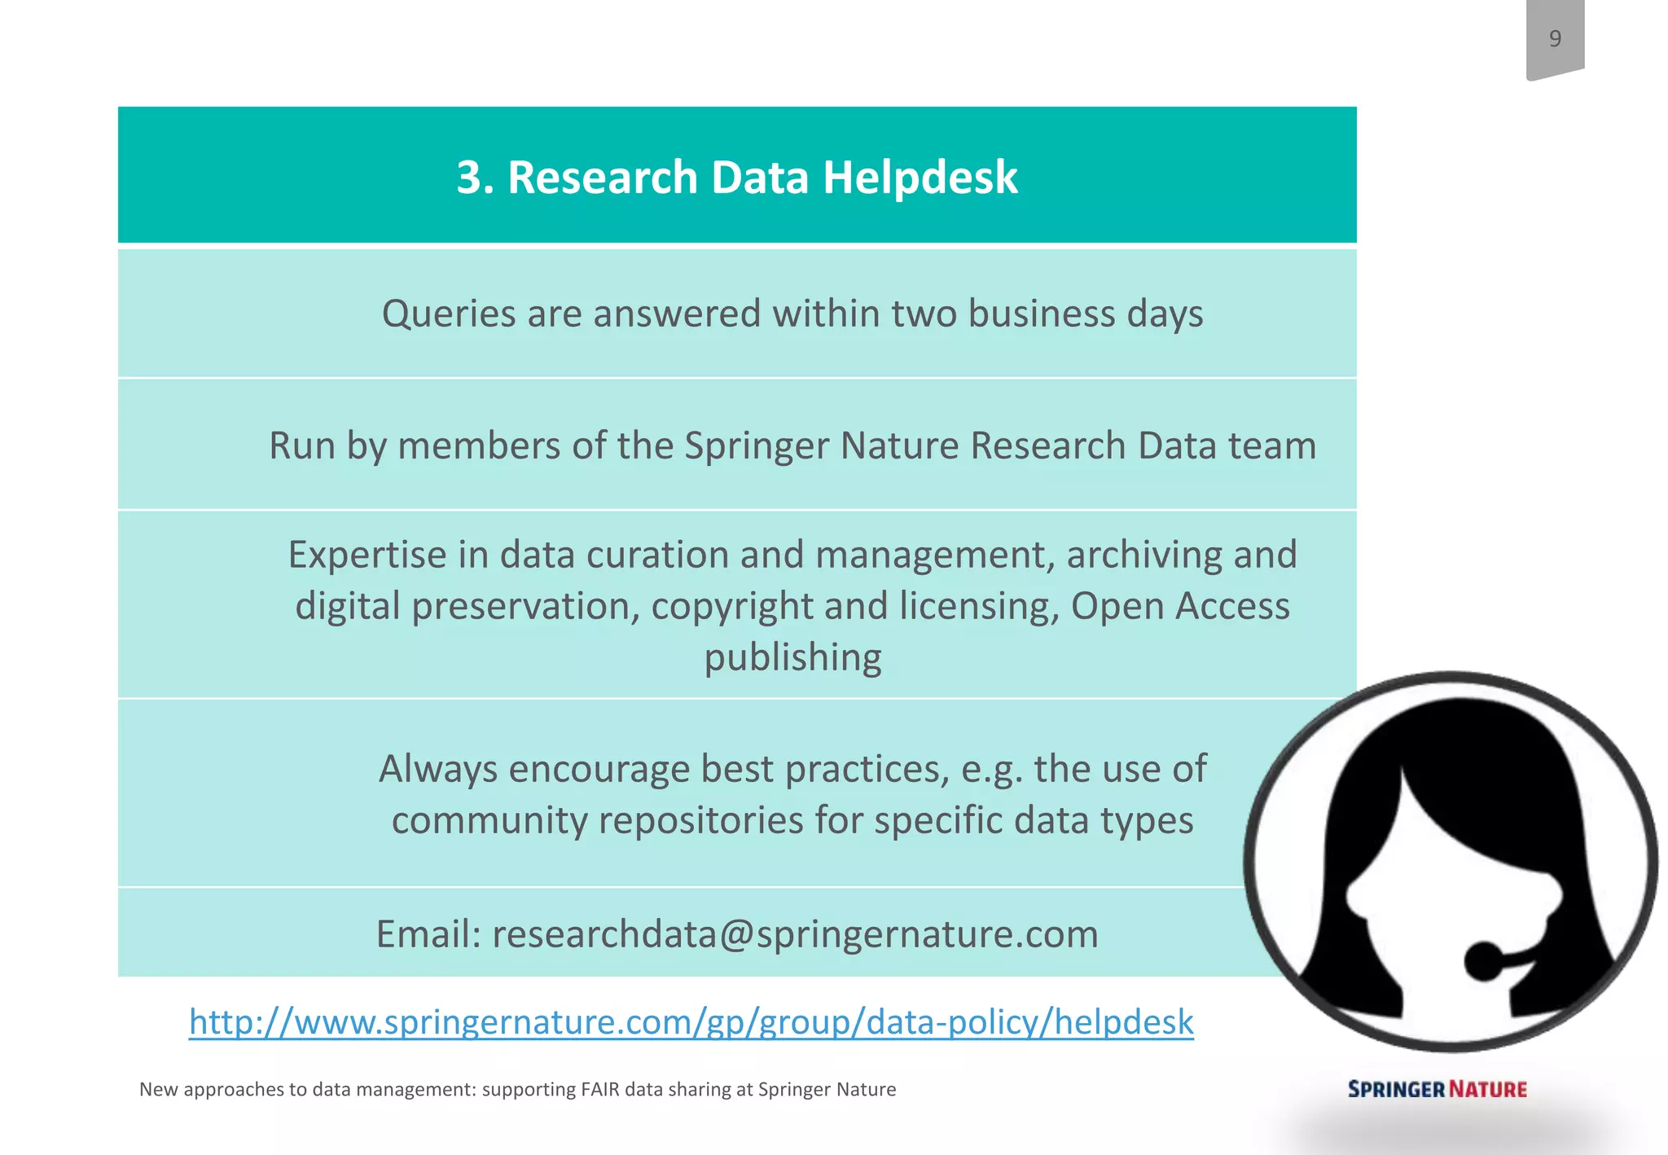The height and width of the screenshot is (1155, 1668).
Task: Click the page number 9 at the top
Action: point(1555,38)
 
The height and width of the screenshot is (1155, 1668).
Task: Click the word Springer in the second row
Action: point(757,446)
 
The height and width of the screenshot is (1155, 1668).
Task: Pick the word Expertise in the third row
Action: point(367,555)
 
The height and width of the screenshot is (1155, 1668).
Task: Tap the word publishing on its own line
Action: point(792,657)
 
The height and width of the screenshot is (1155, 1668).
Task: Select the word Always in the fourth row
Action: point(438,769)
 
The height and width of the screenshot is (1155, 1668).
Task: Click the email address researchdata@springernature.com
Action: point(795,934)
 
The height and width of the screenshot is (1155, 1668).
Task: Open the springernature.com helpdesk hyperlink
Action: point(691,1021)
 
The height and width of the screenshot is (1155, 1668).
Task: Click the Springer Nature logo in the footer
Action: point(1437,1089)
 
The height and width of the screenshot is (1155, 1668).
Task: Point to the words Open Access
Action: point(1180,606)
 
